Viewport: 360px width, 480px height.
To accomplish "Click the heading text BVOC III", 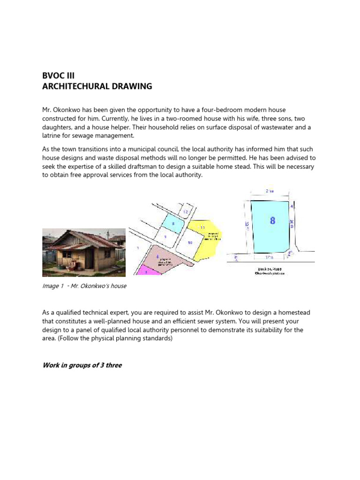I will click(59, 75).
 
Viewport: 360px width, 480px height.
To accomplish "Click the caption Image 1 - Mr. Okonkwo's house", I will click(84, 286).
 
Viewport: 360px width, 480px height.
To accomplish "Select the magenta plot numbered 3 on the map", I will click(146, 270).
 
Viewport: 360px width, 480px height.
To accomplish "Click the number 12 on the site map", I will click(186, 212).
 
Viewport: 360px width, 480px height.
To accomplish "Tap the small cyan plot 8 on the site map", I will click(173, 224).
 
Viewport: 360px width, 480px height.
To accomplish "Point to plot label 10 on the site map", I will click(190, 242).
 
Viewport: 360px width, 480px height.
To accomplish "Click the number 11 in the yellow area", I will click(203, 227).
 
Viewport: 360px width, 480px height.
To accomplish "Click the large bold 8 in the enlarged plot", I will click(272, 220).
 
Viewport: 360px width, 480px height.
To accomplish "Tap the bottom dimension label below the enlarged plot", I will click(269, 257).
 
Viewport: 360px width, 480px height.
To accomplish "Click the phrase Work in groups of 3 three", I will click(82, 365).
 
